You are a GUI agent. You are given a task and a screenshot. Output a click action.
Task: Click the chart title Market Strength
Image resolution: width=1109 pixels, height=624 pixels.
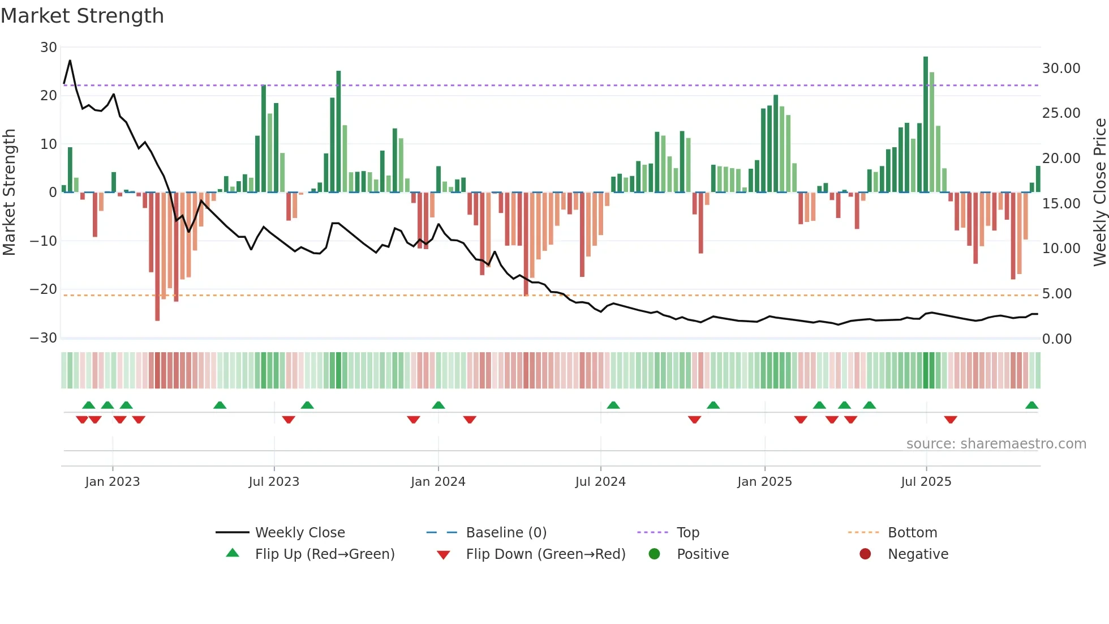[82, 16]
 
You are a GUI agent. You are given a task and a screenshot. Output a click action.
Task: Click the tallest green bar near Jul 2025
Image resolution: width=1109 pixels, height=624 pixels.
[926, 125]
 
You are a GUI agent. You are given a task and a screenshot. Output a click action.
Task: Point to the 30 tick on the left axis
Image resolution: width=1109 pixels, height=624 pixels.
[49, 48]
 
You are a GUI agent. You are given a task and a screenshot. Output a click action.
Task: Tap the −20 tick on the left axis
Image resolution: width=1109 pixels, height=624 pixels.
[44, 289]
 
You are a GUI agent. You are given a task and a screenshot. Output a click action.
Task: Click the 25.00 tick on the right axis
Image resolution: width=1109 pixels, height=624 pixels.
[1061, 113]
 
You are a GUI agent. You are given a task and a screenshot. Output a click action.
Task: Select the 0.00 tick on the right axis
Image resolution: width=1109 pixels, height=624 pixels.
[1057, 339]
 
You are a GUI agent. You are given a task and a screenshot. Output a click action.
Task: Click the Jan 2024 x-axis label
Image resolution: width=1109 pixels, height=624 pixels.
[438, 481]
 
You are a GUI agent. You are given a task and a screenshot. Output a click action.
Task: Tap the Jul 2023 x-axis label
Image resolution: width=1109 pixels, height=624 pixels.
[274, 481]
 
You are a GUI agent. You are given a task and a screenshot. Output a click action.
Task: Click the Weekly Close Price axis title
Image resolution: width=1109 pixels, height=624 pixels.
[1099, 193]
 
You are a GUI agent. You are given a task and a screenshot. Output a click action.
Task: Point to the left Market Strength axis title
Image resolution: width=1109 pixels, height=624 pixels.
[9, 193]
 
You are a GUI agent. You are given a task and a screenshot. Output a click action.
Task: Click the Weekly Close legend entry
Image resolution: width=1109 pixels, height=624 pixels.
[299, 533]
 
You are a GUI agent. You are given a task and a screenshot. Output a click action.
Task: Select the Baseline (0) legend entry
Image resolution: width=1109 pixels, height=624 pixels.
[506, 533]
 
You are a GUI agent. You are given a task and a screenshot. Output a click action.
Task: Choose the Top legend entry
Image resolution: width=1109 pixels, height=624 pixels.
[687, 533]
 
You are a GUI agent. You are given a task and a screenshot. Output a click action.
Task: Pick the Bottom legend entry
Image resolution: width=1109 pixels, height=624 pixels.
[912, 533]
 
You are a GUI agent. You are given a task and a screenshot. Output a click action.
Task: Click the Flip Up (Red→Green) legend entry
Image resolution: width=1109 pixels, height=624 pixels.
[324, 554]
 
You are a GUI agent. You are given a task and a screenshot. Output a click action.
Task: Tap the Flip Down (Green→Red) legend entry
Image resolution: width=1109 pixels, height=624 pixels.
[545, 554]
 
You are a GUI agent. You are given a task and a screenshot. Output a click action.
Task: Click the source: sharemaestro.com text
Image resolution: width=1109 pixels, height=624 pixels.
[996, 444]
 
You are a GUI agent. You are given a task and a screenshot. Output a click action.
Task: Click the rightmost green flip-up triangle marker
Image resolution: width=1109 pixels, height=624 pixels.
[1031, 405]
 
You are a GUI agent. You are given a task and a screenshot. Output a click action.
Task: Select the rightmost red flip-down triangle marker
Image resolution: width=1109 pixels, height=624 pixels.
[951, 420]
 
